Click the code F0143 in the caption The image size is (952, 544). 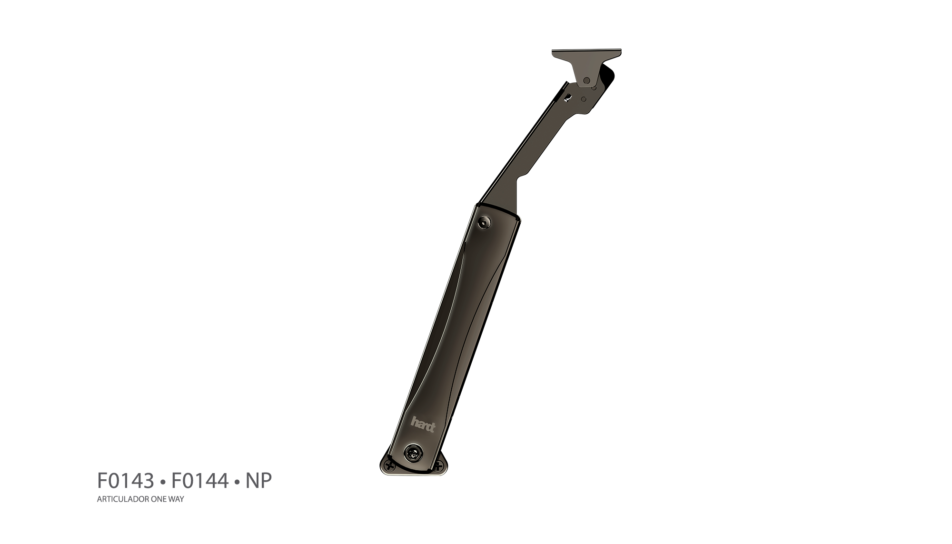(x=126, y=481)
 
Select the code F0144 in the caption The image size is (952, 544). (x=200, y=481)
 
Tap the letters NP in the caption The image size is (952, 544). (x=258, y=481)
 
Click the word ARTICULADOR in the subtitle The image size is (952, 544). (x=119, y=499)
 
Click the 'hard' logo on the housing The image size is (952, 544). (x=423, y=424)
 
